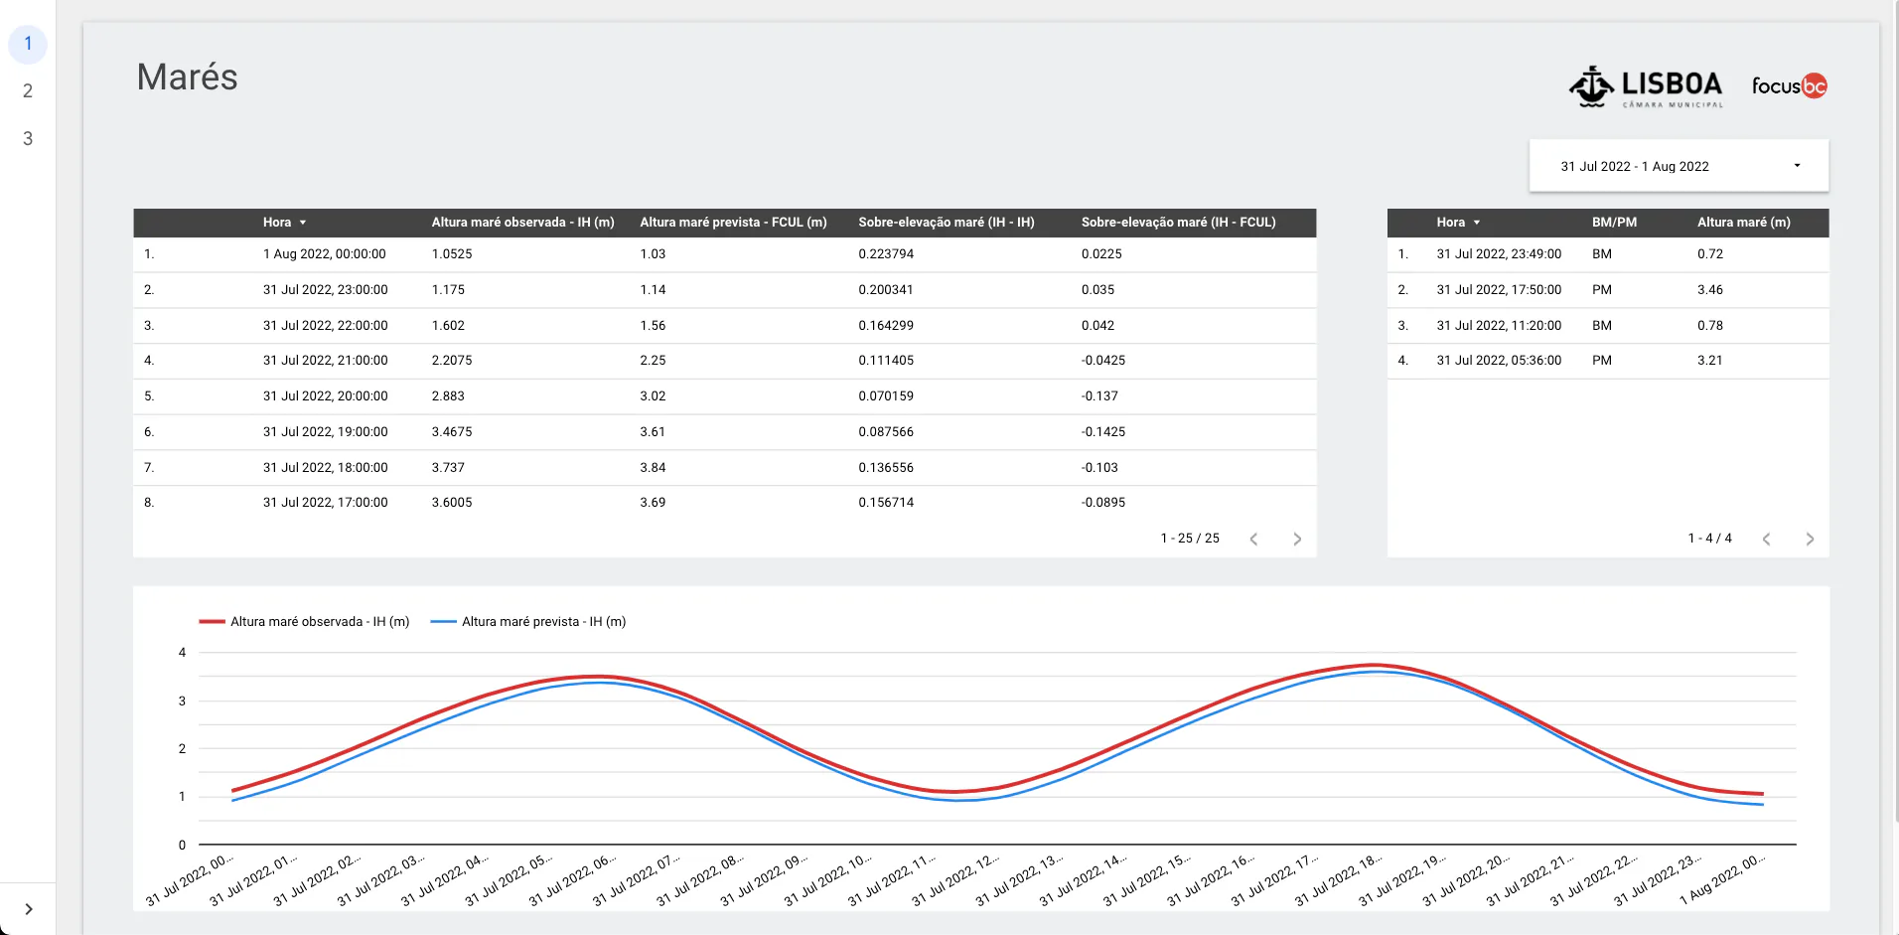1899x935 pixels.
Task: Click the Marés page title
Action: (187, 78)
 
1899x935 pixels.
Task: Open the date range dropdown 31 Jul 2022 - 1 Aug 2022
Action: (1679, 166)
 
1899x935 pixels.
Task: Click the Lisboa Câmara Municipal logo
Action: (1647, 87)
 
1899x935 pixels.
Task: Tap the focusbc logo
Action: (1789, 86)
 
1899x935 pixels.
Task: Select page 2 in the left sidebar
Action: (28, 91)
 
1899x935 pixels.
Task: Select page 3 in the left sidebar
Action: (28, 139)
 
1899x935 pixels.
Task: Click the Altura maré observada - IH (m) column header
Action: (522, 223)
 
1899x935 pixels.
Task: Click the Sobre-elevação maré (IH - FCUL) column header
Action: (1178, 223)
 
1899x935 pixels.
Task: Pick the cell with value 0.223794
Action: (886, 254)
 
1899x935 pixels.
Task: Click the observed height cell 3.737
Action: (448, 468)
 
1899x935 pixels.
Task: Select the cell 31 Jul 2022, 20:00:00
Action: (325, 396)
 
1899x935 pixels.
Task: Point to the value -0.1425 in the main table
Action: (1102, 432)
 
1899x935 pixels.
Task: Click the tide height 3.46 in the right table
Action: (1709, 290)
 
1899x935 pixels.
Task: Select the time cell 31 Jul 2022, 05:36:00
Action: (1499, 361)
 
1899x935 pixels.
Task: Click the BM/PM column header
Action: (1614, 223)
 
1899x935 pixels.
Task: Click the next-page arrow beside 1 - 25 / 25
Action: (1297, 539)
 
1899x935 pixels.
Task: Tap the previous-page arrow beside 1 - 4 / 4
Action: (1766, 539)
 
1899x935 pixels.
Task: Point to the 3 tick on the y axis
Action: (182, 701)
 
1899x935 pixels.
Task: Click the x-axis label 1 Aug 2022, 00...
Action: (1724, 878)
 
